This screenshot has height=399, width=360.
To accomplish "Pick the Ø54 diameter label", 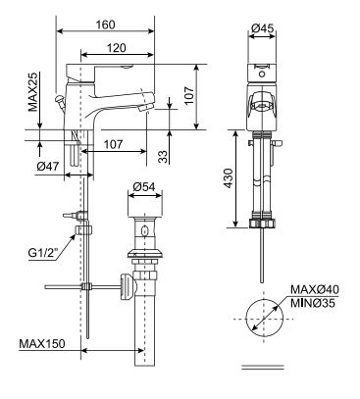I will point(144,187).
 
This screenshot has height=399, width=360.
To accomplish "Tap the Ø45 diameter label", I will point(260,27).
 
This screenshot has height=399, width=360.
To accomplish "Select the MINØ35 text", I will point(314,304).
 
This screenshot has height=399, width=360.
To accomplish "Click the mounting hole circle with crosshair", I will point(262,315).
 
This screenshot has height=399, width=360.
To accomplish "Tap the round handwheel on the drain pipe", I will point(125,286).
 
